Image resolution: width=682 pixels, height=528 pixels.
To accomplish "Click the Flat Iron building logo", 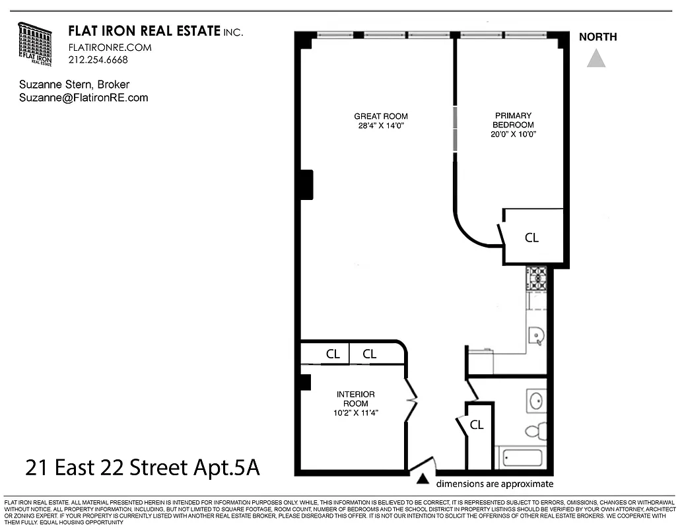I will click(35, 44).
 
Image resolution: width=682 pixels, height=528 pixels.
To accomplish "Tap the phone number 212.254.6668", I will click(98, 59).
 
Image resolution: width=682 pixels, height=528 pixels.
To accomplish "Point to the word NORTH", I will click(597, 37).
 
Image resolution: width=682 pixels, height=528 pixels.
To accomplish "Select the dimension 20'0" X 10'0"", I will click(508, 134).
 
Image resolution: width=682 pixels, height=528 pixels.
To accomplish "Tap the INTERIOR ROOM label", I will click(356, 399).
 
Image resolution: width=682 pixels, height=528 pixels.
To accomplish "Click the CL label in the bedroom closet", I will click(531, 238).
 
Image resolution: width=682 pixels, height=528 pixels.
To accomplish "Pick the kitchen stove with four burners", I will click(536, 279).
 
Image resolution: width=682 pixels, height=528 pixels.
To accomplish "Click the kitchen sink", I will click(536, 336).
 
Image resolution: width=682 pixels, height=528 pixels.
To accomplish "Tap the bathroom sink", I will click(535, 400).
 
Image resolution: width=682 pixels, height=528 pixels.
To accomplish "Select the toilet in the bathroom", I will click(535, 431).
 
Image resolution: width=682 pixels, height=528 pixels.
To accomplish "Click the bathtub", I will click(522, 457).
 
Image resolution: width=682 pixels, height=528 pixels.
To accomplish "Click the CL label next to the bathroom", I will click(477, 426).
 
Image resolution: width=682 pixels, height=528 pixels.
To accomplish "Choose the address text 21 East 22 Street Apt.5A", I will click(142, 468).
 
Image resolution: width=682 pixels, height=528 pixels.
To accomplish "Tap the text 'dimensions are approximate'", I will click(494, 484).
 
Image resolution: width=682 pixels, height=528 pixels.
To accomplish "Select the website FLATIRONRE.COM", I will click(110, 48).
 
